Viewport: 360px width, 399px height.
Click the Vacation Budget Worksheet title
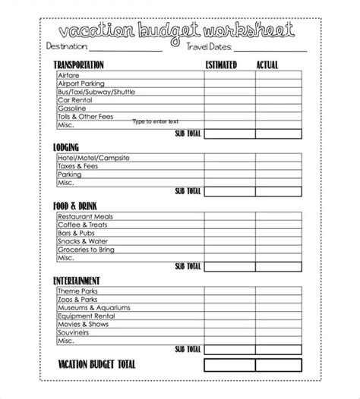point(180,31)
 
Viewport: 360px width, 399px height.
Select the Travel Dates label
point(213,47)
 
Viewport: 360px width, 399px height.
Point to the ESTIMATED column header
point(221,65)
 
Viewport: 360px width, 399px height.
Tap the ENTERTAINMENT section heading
point(77,281)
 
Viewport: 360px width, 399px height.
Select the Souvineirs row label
point(73,331)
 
